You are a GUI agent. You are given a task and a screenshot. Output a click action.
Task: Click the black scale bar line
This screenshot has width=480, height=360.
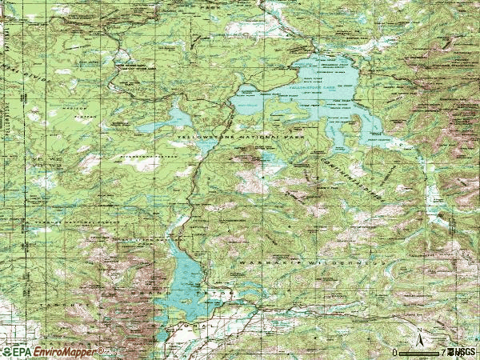pos(419,351)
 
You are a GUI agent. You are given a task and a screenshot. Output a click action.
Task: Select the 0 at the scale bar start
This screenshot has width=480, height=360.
pos(395,352)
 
